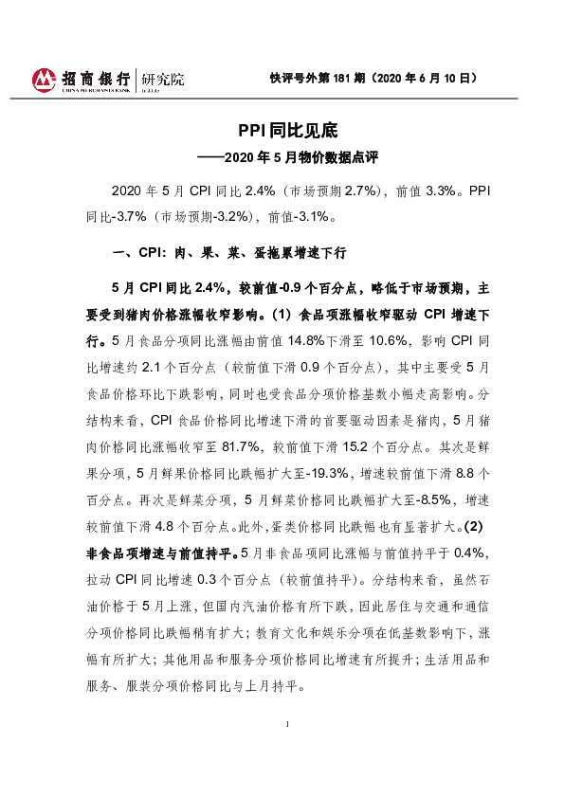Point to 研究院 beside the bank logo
[x=162, y=79]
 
